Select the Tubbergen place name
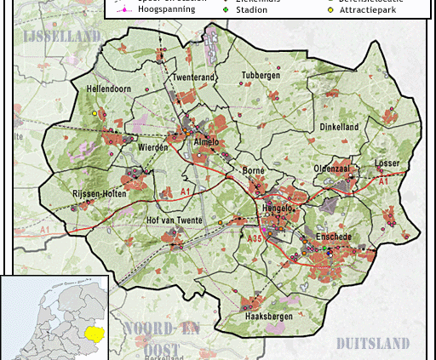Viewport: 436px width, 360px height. pyautogui.click(x=261, y=75)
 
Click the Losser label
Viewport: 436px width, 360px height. pyautogui.click(x=387, y=163)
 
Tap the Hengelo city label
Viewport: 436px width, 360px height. pyautogui.click(x=278, y=208)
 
